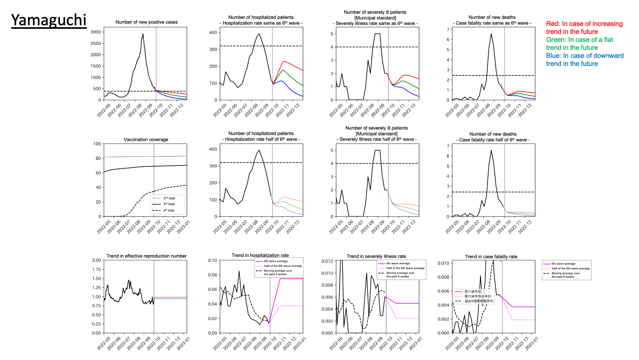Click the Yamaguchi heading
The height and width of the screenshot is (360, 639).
click(49, 20)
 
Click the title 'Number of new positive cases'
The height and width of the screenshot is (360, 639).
click(146, 22)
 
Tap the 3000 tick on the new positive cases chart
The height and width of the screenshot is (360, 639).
click(96, 32)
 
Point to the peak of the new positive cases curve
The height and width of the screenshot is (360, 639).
click(143, 34)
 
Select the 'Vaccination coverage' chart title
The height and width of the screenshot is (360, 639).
click(146, 140)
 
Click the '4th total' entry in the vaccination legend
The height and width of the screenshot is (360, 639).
click(169, 210)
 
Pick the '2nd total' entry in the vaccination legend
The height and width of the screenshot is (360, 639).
click(169, 198)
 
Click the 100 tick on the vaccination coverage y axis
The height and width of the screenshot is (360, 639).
click(97, 144)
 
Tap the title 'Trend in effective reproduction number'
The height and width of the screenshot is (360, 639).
click(146, 256)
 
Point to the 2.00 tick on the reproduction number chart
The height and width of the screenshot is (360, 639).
click(96, 260)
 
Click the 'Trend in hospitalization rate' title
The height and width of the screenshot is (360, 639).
click(260, 255)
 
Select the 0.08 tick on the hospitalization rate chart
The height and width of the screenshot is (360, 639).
click(212, 275)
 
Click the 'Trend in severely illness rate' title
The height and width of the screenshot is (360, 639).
click(376, 256)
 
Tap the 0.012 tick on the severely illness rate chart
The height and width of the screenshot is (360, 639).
click(327, 261)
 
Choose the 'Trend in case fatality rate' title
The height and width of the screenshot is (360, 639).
click(491, 257)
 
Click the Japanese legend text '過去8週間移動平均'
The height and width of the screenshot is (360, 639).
click(479, 301)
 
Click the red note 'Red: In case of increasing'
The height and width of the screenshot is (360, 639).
click(584, 24)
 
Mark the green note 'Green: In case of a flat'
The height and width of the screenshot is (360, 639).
click(579, 40)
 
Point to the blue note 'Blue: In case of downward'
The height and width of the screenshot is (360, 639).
click(585, 56)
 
